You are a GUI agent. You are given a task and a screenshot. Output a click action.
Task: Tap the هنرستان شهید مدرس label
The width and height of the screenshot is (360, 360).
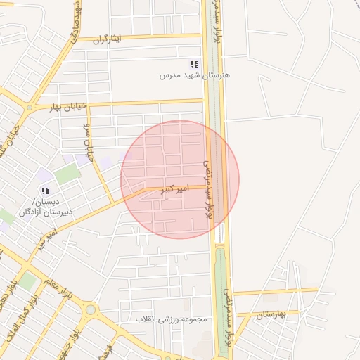[x=195, y=75]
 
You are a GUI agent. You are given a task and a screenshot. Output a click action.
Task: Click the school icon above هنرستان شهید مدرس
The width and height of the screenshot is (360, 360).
[x=195, y=65]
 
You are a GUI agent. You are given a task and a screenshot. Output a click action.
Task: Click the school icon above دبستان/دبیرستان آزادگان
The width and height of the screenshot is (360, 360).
[x=45, y=191]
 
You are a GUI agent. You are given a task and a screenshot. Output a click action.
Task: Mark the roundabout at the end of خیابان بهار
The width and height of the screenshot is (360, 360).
[x=28, y=109]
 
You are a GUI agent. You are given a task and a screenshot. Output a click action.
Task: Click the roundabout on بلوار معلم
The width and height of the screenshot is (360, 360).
[x=90, y=309]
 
